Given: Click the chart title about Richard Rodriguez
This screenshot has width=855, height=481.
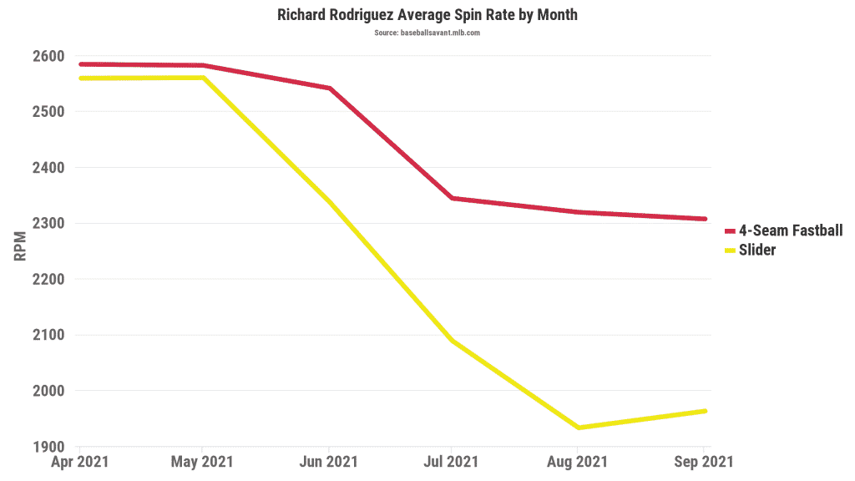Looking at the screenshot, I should point(427,15).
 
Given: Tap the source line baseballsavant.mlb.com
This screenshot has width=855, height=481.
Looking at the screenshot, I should point(427,33).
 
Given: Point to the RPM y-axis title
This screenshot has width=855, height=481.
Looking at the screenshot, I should point(21,247).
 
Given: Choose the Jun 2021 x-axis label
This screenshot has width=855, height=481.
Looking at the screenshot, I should point(328,462).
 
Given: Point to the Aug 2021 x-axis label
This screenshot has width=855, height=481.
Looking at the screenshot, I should point(577,462).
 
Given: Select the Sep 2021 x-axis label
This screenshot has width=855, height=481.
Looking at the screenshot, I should point(703,462).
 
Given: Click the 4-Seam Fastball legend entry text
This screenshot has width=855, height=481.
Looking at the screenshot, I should point(791,230).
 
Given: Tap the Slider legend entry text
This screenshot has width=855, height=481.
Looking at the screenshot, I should point(757,250).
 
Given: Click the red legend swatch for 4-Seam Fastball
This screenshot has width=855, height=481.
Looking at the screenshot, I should point(729,230).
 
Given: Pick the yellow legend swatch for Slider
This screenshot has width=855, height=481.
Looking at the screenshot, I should point(729,250).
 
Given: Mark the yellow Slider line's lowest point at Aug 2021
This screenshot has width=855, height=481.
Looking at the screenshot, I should point(579,428).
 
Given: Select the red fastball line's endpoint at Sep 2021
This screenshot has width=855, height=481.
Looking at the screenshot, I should point(705,219).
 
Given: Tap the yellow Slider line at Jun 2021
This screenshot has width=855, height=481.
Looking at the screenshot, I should point(329,201).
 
